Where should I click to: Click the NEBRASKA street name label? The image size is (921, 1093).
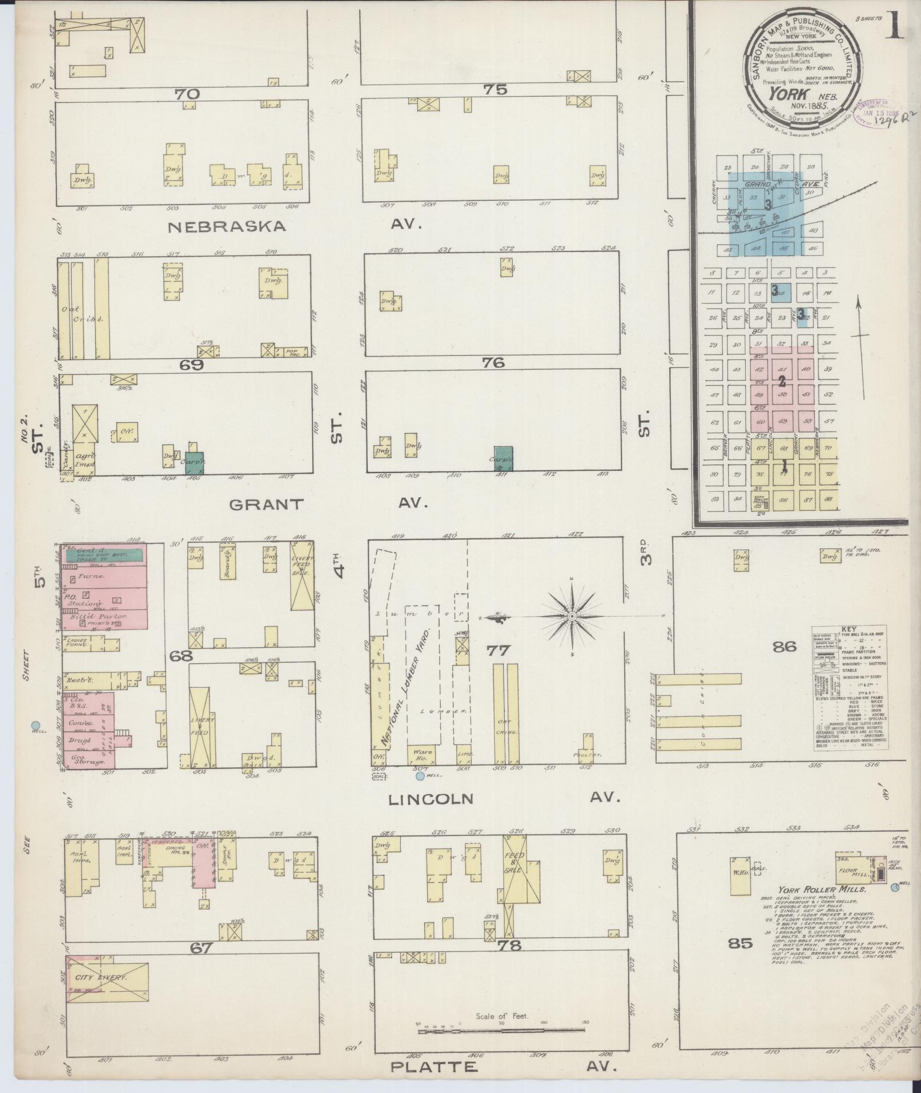point(227,227)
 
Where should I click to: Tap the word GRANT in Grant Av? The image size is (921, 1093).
point(266,504)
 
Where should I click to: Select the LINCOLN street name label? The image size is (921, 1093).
point(431,799)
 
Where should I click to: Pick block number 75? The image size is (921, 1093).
point(494,89)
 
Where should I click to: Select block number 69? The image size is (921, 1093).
point(192,365)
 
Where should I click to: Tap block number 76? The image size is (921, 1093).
point(494,362)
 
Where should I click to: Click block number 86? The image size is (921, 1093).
point(785,647)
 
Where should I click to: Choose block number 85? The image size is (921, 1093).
point(741,943)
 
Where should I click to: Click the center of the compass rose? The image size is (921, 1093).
point(572,616)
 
